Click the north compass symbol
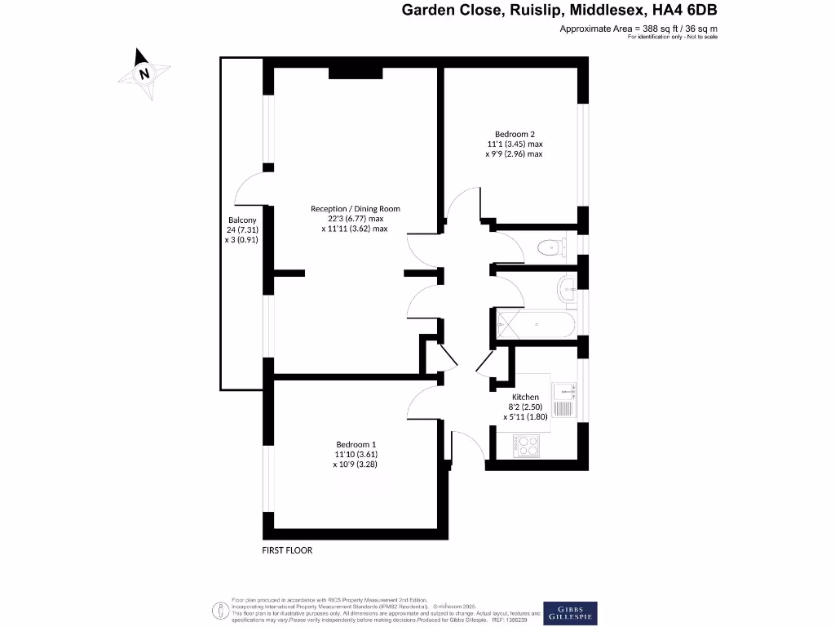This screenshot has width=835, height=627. point(144,73)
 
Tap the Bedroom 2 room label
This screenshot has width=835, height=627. point(515,134)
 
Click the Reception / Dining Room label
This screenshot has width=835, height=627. point(355,209)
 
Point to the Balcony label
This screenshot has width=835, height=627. point(241,220)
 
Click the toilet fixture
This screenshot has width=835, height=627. point(553,245)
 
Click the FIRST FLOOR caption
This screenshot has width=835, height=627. point(287,550)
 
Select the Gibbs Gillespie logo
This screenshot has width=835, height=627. point(571,613)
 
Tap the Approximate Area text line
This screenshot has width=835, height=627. point(638,29)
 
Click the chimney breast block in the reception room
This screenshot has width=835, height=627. point(356,73)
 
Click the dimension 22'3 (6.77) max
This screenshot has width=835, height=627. point(356,219)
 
